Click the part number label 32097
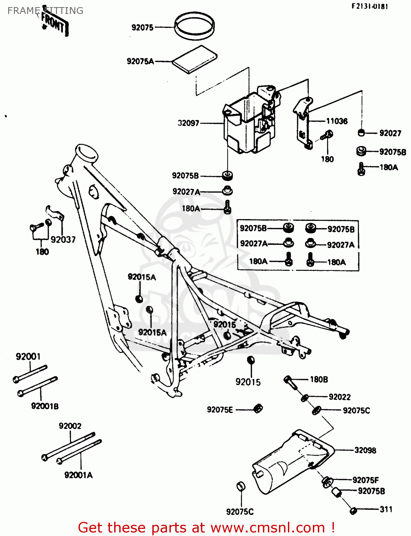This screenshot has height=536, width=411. (188, 123)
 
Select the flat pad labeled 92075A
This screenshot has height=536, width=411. (195, 59)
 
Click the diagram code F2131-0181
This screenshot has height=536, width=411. (370, 6)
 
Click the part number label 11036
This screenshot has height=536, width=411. (336, 121)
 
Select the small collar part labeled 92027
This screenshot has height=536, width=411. (361, 133)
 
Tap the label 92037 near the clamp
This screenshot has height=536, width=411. (63, 240)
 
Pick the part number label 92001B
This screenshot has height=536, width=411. (45, 406)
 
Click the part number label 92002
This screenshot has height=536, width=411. (70, 426)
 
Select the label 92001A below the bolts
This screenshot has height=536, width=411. (78, 475)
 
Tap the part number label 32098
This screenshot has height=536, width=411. (365, 450)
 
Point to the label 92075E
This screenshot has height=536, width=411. (220, 410)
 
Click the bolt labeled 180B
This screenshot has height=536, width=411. (290, 382)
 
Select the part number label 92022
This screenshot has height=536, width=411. (339, 397)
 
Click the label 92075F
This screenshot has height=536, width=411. (365, 480)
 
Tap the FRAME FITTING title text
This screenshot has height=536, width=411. (45, 11)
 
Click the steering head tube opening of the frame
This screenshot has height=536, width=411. (87, 153)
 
